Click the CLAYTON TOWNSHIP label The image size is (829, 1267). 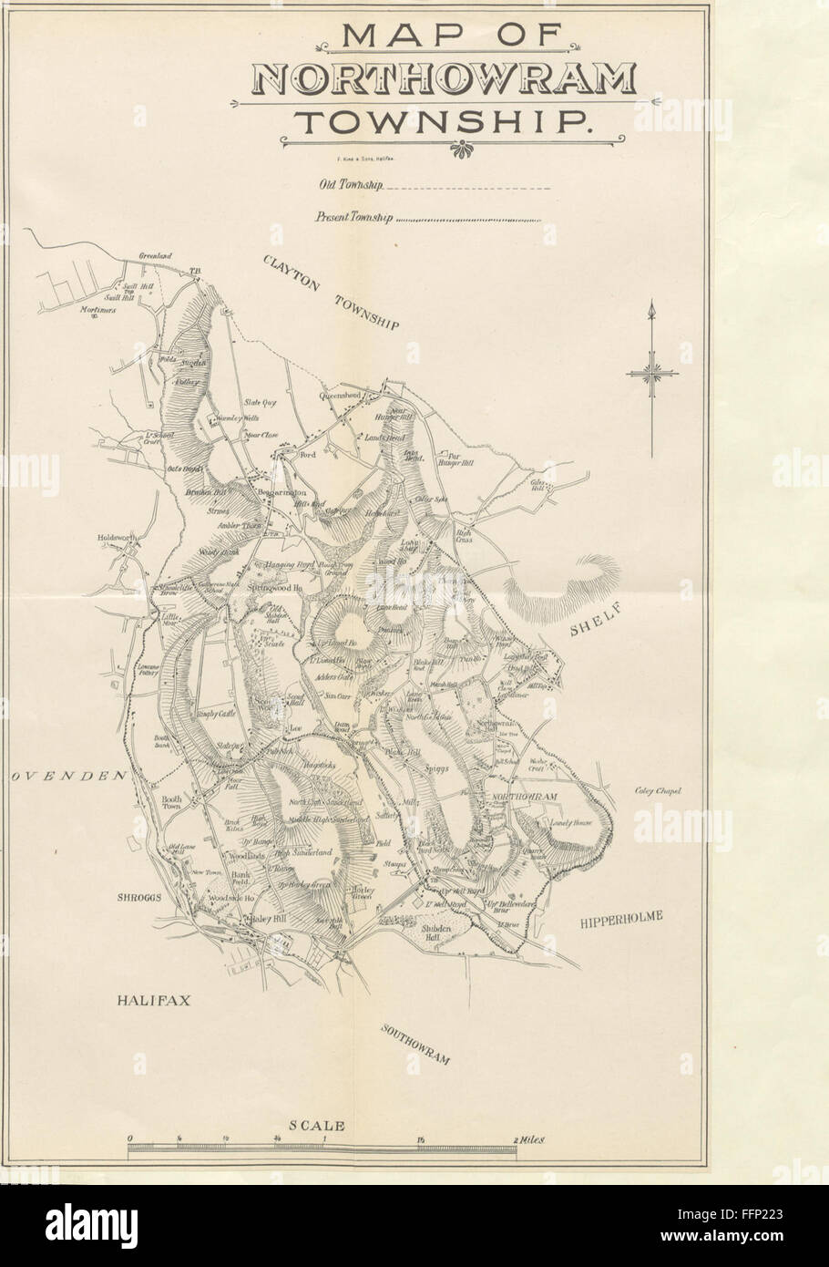tap(331, 290)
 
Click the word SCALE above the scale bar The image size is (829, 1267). tap(317, 1126)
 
